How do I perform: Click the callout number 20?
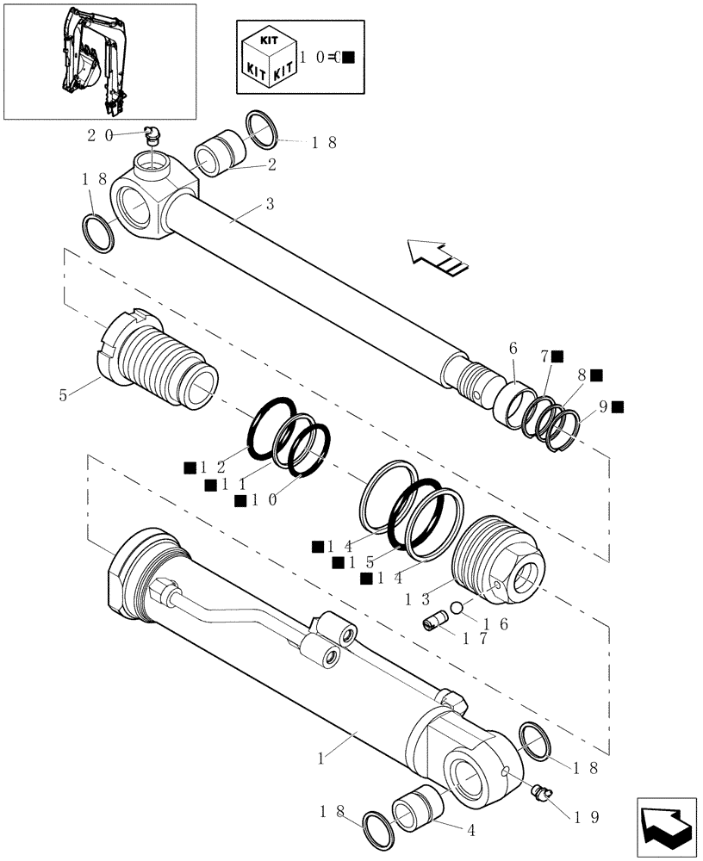[x=98, y=134]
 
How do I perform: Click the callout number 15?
[x=357, y=562]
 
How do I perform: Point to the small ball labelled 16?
[x=458, y=608]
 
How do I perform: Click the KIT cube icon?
[x=268, y=60]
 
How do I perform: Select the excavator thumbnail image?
[x=99, y=61]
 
